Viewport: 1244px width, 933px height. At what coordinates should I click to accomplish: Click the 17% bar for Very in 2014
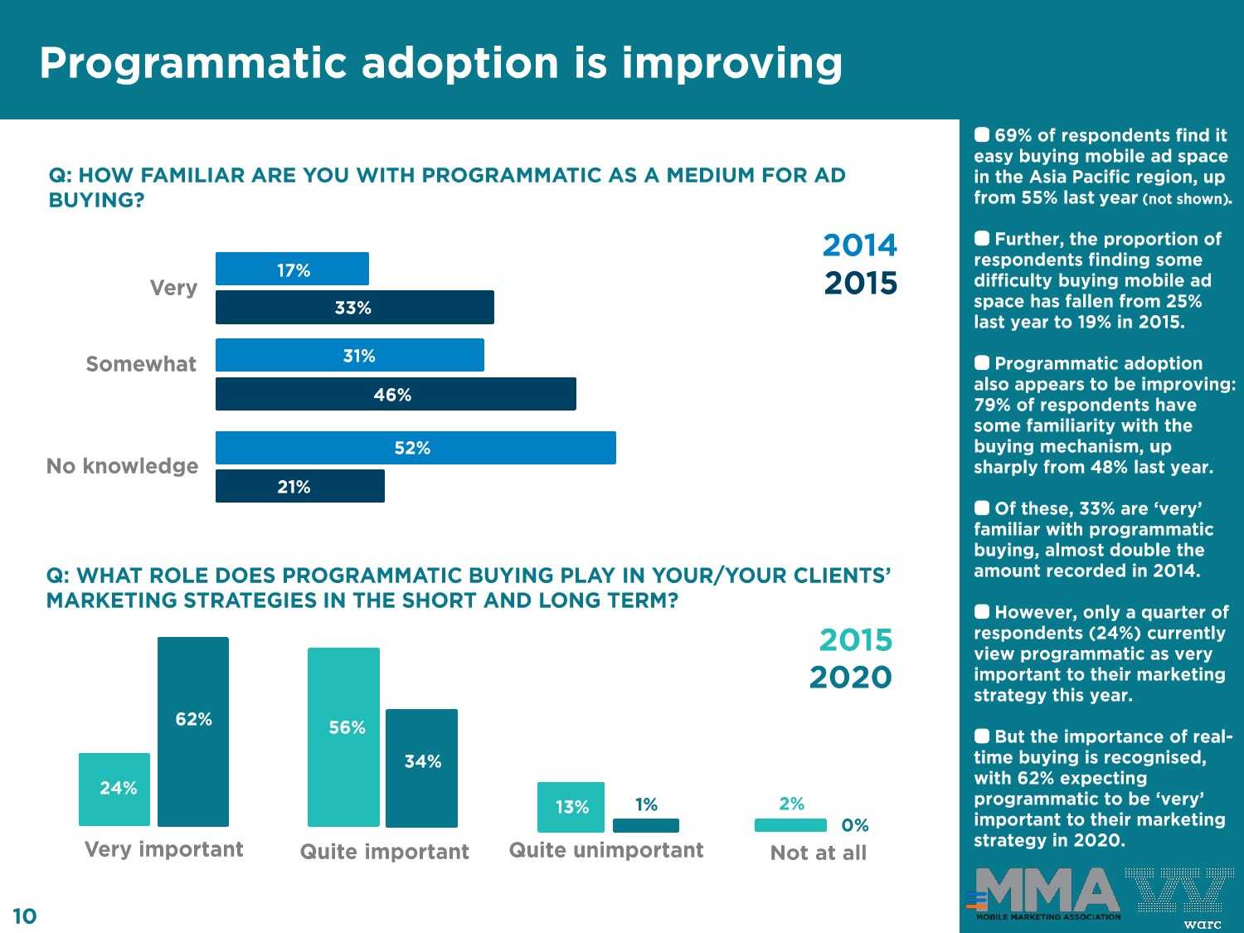point(292,269)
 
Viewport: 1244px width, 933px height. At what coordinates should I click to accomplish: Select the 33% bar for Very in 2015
point(354,307)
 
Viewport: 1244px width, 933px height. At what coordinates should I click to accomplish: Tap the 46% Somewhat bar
point(396,394)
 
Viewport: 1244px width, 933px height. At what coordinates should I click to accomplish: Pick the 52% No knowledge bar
point(415,448)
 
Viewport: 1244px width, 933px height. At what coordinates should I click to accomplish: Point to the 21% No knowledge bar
point(299,486)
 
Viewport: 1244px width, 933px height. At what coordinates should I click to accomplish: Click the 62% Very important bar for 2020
point(193,731)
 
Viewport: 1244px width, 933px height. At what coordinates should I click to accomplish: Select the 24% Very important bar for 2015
point(114,789)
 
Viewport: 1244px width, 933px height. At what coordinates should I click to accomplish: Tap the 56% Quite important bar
point(343,736)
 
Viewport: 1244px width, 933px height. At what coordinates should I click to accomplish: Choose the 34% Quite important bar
point(421,768)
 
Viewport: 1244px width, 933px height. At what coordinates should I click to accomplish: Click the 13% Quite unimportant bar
point(571,807)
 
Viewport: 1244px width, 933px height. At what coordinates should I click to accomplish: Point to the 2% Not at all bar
point(790,824)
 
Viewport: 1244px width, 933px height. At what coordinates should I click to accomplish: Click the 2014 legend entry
point(859,245)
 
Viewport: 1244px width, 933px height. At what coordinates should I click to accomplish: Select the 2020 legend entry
point(850,678)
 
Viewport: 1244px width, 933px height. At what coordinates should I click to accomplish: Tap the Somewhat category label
point(141,364)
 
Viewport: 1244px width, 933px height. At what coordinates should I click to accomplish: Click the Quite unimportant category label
point(605,850)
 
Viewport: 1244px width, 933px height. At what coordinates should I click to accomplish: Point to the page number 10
point(25,916)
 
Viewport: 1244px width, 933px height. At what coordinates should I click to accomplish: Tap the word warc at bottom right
point(1202,924)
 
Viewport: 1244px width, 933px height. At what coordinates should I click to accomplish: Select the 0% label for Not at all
point(854,825)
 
